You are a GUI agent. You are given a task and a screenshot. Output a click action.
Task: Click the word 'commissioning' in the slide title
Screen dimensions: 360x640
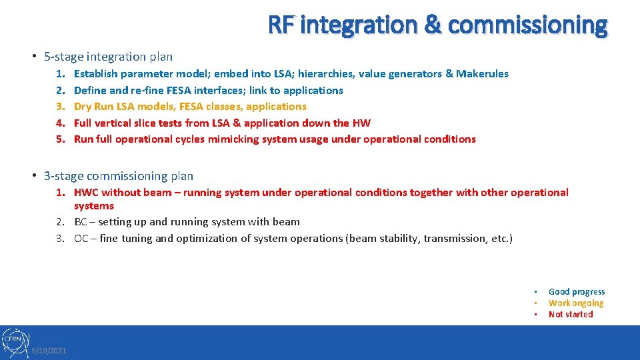click(x=527, y=25)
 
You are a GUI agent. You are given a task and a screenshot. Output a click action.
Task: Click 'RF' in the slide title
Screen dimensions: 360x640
click(x=281, y=25)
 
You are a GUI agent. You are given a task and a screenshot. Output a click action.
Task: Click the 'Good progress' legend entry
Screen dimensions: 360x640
click(x=576, y=291)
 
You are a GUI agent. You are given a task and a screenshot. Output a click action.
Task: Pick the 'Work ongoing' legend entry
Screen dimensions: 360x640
click(x=575, y=303)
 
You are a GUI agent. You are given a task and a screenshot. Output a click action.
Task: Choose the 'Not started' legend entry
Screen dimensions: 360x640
click(x=570, y=314)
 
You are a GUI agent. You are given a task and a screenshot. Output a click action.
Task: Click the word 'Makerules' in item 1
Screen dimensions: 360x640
click(x=482, y=74)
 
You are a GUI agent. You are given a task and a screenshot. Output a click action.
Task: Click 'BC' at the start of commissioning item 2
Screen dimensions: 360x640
click(x=81, y=222)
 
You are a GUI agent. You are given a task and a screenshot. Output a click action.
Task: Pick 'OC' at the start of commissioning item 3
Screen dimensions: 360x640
click(x=81, y=239)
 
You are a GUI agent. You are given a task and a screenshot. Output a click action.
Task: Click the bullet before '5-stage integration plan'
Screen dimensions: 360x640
click(x=33, y=57)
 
